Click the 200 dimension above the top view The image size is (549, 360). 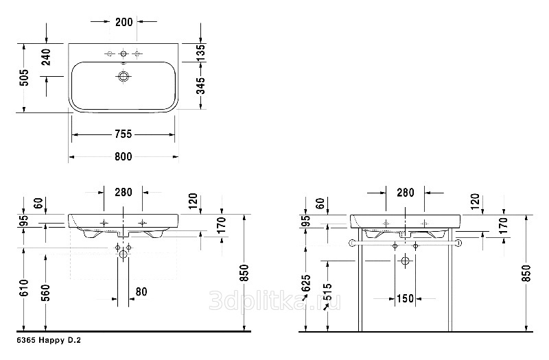point(124,22)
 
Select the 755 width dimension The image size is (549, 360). point(124,134)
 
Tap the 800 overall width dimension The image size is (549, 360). point(124,157)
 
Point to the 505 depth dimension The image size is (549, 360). point(24,77)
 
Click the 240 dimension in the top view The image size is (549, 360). point(46,58)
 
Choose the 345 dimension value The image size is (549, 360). point(200,86)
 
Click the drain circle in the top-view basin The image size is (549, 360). point(123,76)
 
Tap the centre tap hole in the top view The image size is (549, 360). point(123,53)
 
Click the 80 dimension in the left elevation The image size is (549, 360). point(141,291)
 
